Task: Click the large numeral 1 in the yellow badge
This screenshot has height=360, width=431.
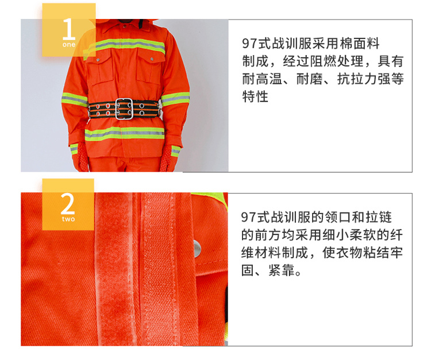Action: point(69,29)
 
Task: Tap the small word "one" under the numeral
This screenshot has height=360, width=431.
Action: point(69,44)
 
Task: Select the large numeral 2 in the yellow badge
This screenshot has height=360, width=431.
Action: point(68,203)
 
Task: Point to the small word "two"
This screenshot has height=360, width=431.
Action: point(68,219)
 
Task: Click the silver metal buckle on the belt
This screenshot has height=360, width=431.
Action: point(124,109)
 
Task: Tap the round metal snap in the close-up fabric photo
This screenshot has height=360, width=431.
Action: point(197,249)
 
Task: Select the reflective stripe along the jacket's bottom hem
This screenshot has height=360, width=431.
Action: point(125,134)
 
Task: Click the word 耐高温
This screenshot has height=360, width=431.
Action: point(262,79)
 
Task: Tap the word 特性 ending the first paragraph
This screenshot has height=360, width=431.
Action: point(255,96)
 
